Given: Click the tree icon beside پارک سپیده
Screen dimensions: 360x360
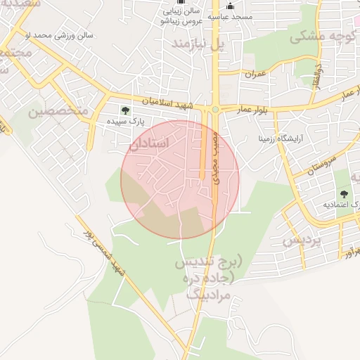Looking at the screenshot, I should click(125, 110).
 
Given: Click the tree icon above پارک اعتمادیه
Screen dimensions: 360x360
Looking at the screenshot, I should click(344, 194).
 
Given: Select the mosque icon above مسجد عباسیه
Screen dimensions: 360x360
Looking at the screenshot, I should click(229, 6).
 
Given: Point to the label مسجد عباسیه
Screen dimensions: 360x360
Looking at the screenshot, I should click(225, 16).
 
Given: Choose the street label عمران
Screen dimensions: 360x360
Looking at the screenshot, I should click(255, 73).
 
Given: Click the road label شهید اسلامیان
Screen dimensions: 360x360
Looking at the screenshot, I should click(166, 101).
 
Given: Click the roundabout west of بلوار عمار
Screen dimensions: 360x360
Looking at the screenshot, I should click(213, 109).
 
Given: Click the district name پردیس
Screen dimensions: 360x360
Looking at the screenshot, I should click(302, 240).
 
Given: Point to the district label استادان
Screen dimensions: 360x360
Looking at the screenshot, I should click(150, 143).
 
